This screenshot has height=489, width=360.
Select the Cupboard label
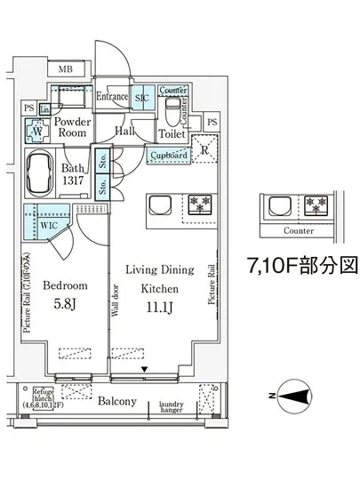(169, 156)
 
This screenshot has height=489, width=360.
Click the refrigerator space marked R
(206, 149)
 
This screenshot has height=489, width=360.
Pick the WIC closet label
(49, 226)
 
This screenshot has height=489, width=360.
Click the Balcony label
(116, 401)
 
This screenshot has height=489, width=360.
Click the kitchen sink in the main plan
(162, 204)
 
